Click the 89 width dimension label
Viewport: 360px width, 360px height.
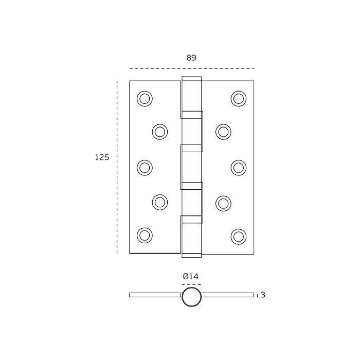pyautogui.click(x=191, y=58)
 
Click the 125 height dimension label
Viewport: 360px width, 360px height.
pyautogui.click(x=102, y=157)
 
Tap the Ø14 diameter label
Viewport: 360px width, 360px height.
pyautogui.click(x=191, y=277)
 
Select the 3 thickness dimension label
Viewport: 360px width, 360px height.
pyautogui.click(x=263, y=295)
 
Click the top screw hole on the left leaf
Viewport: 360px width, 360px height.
pyautogui.click(x=145, y=99)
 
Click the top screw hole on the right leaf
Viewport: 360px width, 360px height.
pyautogui.click(x=239, y=99)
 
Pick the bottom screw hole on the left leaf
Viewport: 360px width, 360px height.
pyautogui.click(x=145, y=236)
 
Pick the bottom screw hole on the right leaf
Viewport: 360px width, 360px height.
pyautogui.click(x=239, y=237)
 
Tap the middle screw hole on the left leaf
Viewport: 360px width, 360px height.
pyautogui.click(x=145, y=168)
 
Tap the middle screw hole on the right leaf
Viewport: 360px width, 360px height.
pyautogui.click(x=239, y=168)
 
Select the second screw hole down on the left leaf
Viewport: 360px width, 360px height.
pyautogui.click(x=160, y=132)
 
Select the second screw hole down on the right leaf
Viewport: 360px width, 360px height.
pyautogui.click(x=223, y=132)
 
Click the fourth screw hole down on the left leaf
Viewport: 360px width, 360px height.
pyautogui.click(x=160, y=202)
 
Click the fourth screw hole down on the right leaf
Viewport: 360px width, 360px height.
pyautogui.click(x=223, y=204)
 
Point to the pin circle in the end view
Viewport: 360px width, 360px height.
pyautogui.click(x=191, y=297)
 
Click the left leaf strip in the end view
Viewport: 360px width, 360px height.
pyautogui.click(x=155, y=295)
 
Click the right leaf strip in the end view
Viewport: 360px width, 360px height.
pyautogui.click(x=227, y=295)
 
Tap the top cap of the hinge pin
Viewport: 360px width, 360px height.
pyautogui.click(x=191, y=79)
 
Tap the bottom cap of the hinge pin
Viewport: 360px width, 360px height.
pyautogui.click(x=191, y=256)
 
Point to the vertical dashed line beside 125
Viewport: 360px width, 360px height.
pyautogui.click(x=117, y=167)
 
